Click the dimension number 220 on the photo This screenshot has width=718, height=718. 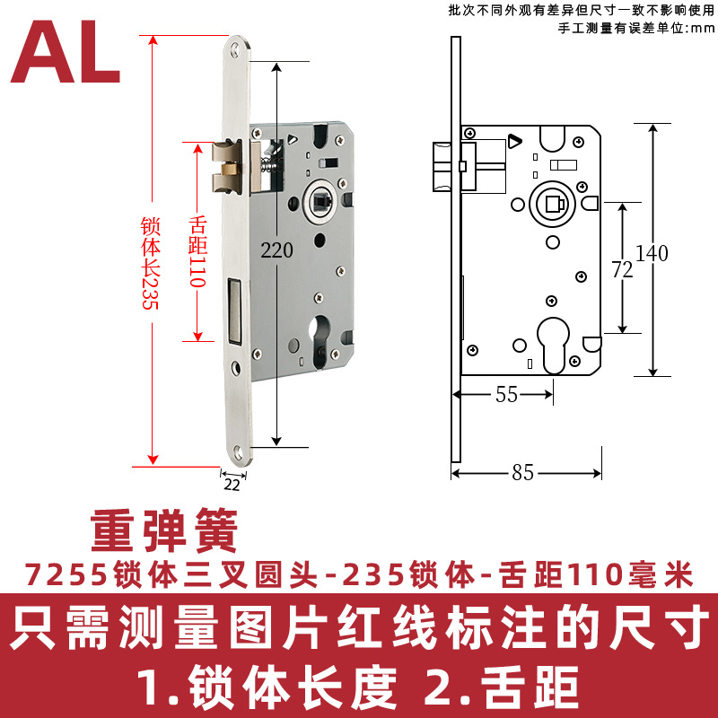[x=277, y=252]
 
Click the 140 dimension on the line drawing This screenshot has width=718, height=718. [x=652, y=253]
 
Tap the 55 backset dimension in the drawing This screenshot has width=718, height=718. [x=507, y=395]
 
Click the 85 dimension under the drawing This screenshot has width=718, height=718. [x=523, y=473]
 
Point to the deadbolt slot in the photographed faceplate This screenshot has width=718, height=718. [x=235, y=310]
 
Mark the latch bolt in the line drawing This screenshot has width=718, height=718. [x=443, y=166]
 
